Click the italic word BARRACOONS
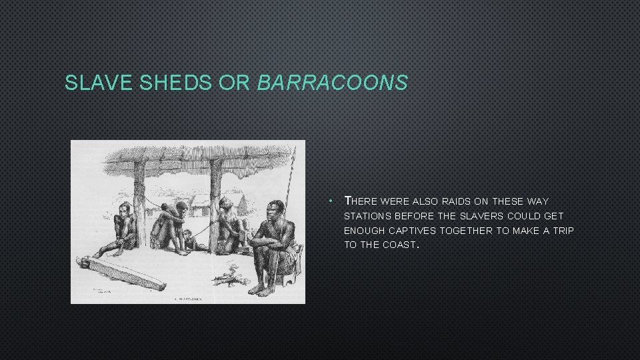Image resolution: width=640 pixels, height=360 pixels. (x=331, y=83)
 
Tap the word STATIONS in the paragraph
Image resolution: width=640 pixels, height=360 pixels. (x=365, y=216)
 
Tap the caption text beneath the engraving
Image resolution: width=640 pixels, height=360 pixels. (x=187, y=299)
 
